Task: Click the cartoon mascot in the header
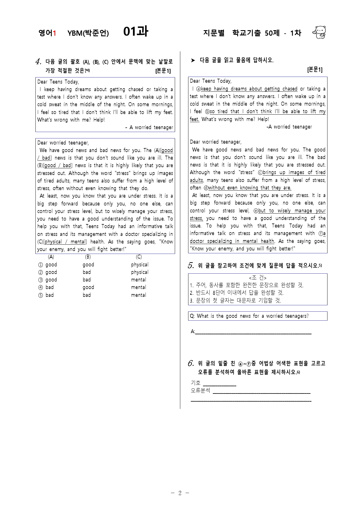coord(319,33)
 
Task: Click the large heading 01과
coord(136,31)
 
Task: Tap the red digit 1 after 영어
coord(54,33)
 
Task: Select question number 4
coord(38,62)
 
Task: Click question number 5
coord(191,266)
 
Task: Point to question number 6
coord(191,363)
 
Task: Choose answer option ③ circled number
coord(40,280)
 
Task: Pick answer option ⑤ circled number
coord(40,295)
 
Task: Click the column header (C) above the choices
coord(139,257)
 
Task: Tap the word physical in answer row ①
coord(140,265)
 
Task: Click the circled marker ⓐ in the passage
coord(199,89)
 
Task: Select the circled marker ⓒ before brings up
coord(260,173)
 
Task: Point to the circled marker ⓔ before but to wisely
coord(256,211)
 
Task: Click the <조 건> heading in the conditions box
coord(258,278)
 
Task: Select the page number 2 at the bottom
coord(180,493)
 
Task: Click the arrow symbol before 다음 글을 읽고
coord(193,60)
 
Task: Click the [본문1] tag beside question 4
coord(163,71)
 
